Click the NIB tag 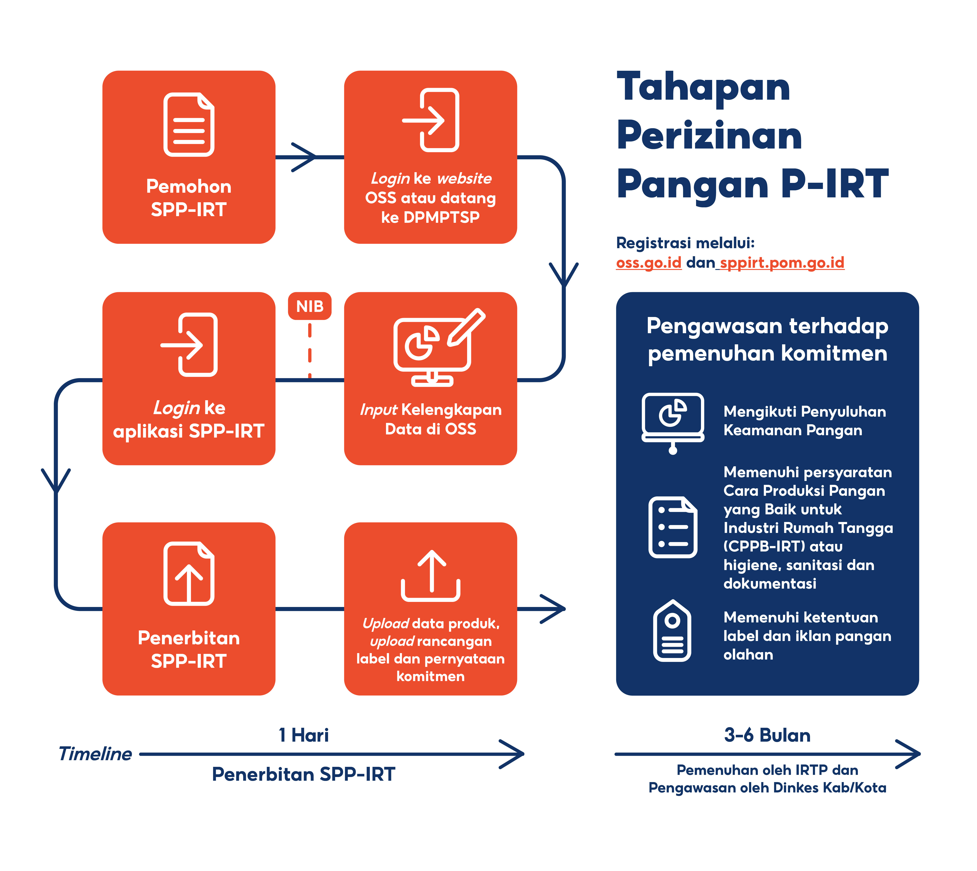pyautogui.click(x=310, y=306)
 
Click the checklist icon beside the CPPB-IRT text pyautogui.click(x=673, y=527)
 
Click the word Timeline pyautogui.click(x=95, y=754)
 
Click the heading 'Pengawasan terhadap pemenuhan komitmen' pyautogui.click(x=767, y=339)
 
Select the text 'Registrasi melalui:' pyautogui.click(x=685, y=243)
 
